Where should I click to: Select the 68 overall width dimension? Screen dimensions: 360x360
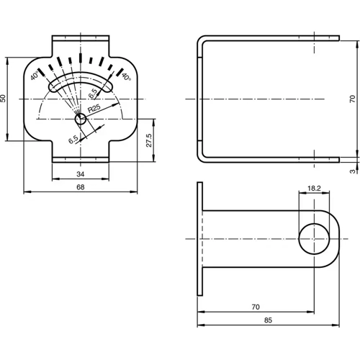(x=80, y=187)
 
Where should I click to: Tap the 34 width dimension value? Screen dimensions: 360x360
(x=80, y=174)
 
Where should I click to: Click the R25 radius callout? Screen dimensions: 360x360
(x=94, y=108)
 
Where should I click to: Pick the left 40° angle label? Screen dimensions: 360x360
(x=35, y=75)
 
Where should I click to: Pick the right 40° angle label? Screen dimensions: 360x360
(x=126, y=76)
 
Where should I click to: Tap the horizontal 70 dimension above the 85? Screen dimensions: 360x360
(x=256, y=307)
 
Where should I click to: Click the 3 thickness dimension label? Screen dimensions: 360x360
(x=352, y=171)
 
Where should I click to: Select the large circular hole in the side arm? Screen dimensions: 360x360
(x=314, y=239)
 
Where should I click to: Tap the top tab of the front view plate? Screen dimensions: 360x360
(x=80, y=42)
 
